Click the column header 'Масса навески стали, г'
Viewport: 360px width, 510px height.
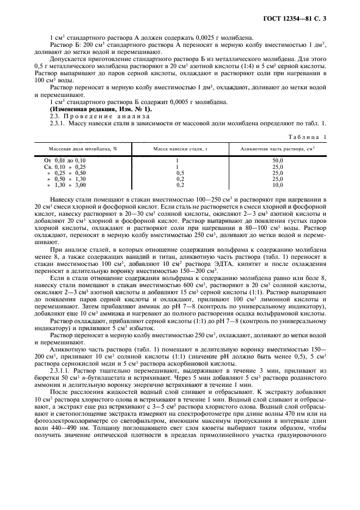(177, 148)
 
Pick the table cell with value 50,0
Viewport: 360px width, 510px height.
(278, 160)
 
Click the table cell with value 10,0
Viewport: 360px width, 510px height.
(278, 185)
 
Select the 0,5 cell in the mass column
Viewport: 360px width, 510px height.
(177, 173)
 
